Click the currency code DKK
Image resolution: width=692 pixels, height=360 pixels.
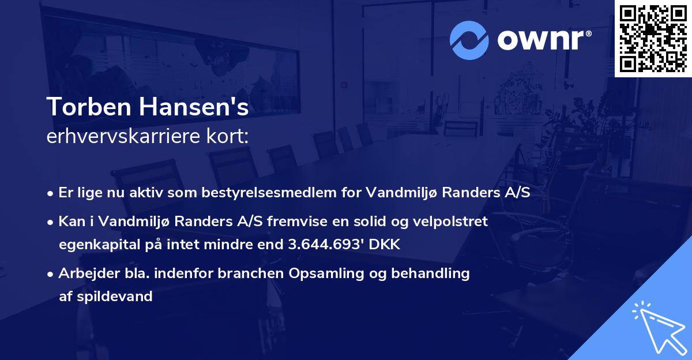tap(385, 245)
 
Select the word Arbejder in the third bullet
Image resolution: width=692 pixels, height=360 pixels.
tap(84, 273)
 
